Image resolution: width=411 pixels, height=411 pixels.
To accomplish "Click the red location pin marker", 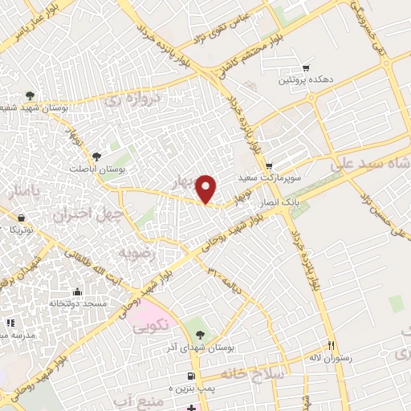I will (207, 188).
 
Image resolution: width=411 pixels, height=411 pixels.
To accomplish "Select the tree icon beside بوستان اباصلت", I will (97, 157).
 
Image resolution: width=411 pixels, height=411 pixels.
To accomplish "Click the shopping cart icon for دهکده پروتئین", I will (304, 68).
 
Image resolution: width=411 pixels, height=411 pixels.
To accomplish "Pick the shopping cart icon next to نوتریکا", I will (20, 218).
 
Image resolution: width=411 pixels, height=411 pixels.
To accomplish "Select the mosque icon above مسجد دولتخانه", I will (77, 292).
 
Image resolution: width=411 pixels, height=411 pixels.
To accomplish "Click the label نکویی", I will (150, 326).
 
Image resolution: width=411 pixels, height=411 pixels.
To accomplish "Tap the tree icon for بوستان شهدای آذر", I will (200, 336).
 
